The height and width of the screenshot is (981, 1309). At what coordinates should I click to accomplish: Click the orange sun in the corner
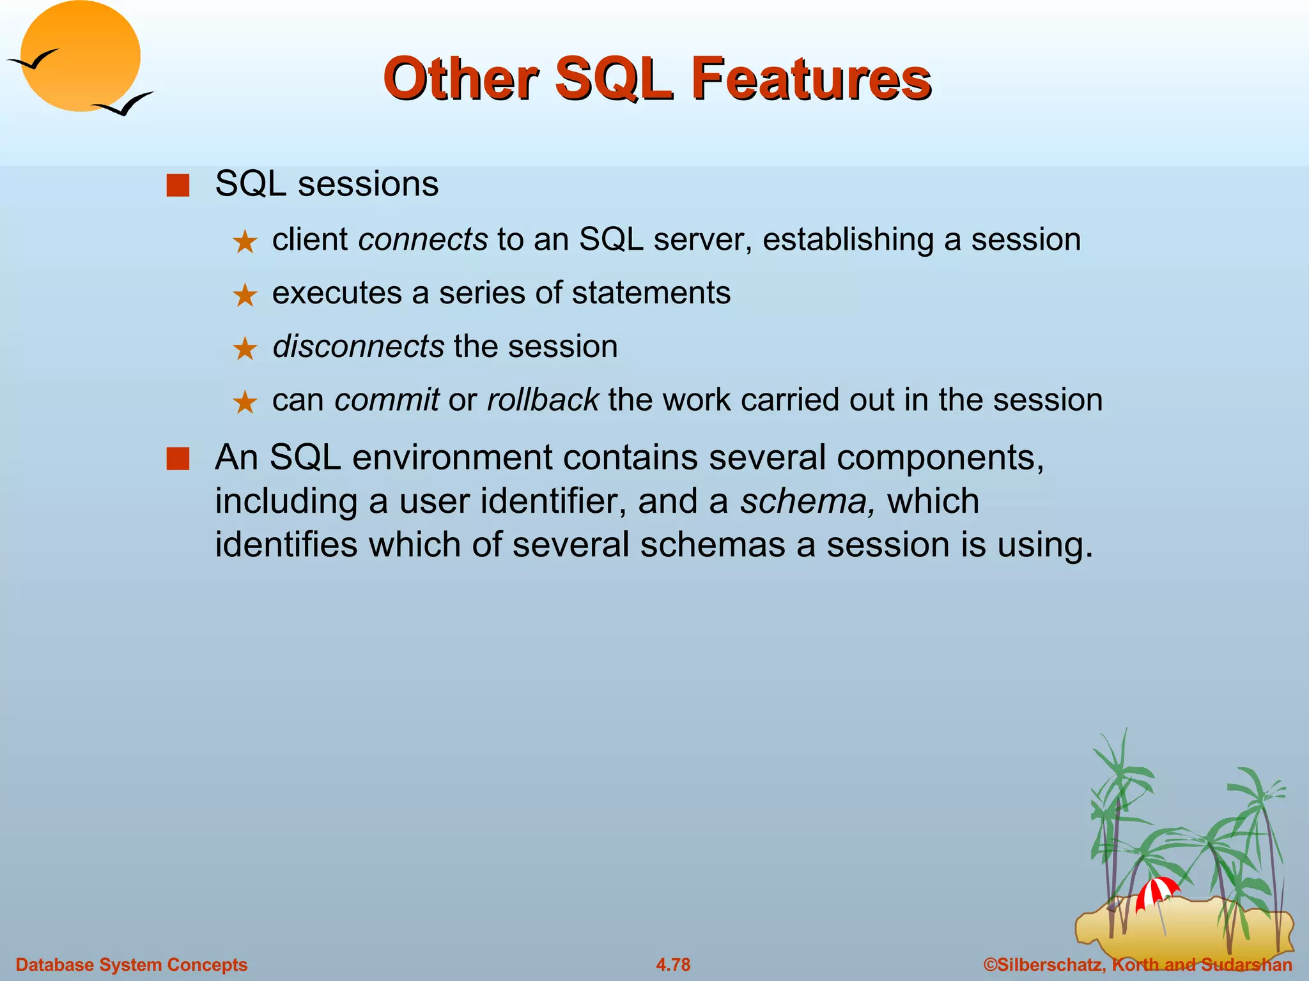[x=81, y=56]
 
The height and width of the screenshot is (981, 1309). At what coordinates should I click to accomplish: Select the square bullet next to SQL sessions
[x=178, y=186]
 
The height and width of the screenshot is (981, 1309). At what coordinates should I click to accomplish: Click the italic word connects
[x=423, y=240]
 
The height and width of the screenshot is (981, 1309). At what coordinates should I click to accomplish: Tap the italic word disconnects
[x=358, y=346]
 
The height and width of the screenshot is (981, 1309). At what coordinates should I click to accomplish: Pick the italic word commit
[x=387, y=400]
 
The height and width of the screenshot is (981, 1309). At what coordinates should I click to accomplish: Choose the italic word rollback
[x=543, y=400]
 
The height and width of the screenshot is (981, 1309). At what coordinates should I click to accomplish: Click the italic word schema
[x=807, y=501]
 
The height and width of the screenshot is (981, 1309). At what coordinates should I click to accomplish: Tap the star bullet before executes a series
[x=244, y=296]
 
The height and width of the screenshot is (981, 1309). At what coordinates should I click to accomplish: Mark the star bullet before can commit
[x=244, y=403]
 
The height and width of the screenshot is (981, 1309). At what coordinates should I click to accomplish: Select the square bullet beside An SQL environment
[x=178, y=459]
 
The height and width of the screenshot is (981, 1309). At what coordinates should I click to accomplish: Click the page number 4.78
[x=673, y=964]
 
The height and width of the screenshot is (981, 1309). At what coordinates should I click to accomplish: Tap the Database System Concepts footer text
[x=131, y=964]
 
